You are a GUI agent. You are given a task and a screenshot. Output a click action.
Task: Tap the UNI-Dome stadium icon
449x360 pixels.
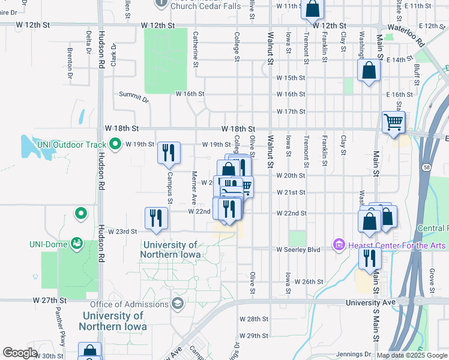pos(77,244)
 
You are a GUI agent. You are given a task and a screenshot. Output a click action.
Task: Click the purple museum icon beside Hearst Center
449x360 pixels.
pos(338,246)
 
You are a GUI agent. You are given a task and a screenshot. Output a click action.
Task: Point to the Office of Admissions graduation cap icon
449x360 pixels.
pos(177,304)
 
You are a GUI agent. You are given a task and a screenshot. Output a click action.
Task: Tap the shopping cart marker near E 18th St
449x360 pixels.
pos(393,122)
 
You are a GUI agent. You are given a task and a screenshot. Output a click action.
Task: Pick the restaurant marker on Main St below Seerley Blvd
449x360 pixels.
pos(369,258)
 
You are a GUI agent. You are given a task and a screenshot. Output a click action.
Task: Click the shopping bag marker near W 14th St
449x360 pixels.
pos(369,71)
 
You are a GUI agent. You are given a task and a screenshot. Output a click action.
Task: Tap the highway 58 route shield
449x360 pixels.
pos(426,167)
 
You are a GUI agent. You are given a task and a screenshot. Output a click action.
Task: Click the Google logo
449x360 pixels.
pos(20,353)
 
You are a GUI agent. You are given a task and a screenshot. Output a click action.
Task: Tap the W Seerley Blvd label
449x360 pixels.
pos(298,250)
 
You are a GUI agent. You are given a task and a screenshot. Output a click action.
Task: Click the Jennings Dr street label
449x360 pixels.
pos(351,355)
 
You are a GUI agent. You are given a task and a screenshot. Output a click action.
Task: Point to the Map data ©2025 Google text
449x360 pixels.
pos(412,355)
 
